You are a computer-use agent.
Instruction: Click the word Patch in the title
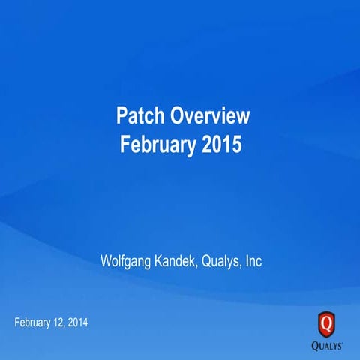click(139, 116)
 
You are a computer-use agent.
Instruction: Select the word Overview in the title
click(209, 116)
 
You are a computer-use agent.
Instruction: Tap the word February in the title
click(158, 144)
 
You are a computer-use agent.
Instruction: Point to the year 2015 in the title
click(221, 144)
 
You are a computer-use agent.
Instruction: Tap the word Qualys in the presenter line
click(221, 262)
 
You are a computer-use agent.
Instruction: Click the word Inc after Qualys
click(253, 262)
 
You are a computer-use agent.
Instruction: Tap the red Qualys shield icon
click(327, 324)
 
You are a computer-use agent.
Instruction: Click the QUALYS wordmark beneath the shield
click(328, 346)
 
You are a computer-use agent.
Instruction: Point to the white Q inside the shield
click(327, 323)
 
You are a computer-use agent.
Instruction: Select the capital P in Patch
click(121, 116)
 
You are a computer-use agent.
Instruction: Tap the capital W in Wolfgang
click(106, 262)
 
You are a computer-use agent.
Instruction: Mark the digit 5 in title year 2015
click(236, 144)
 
